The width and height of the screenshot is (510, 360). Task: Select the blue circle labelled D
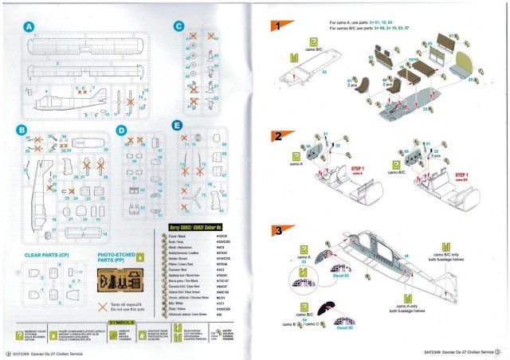pyautogui.click(x=121, y=129)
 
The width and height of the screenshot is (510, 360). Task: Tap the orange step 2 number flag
pyautogui.click(x=276, y=136)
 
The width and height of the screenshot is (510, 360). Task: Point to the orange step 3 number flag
pyautogui.click(x=276, y=231)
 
